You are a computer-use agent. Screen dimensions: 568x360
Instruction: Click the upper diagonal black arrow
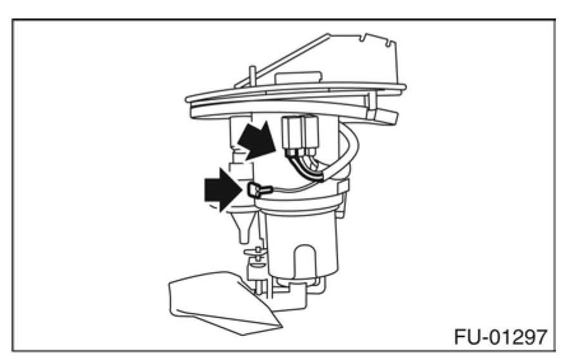click(x=257, y=141)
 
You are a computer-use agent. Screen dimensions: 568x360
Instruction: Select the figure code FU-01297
click(x=500, y=336)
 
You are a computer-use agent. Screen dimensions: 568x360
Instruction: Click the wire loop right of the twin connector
click(x=351, y=153)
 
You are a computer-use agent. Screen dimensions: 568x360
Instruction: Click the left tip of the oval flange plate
click(x=188, y=99)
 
